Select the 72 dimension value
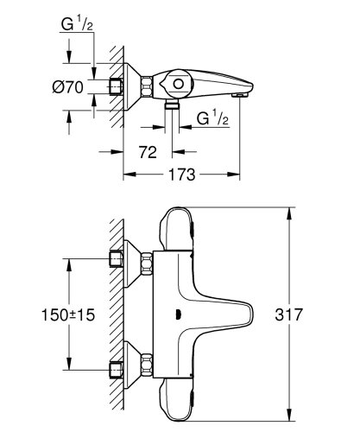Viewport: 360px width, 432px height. (148, 154)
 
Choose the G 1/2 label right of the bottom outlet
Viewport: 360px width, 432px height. (211, 118)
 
